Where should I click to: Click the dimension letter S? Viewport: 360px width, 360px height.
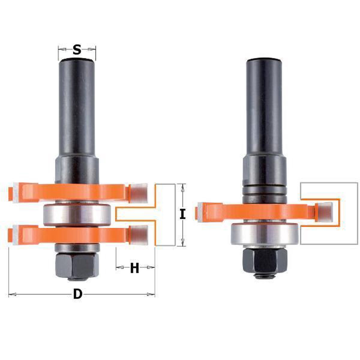click(x=77, y=50)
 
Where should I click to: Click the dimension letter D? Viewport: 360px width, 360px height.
click(x=78, y=294)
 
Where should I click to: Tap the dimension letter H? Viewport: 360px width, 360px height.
click(x=134, y=268)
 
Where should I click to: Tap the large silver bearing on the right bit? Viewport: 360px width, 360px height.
click(x=265, y=235)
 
